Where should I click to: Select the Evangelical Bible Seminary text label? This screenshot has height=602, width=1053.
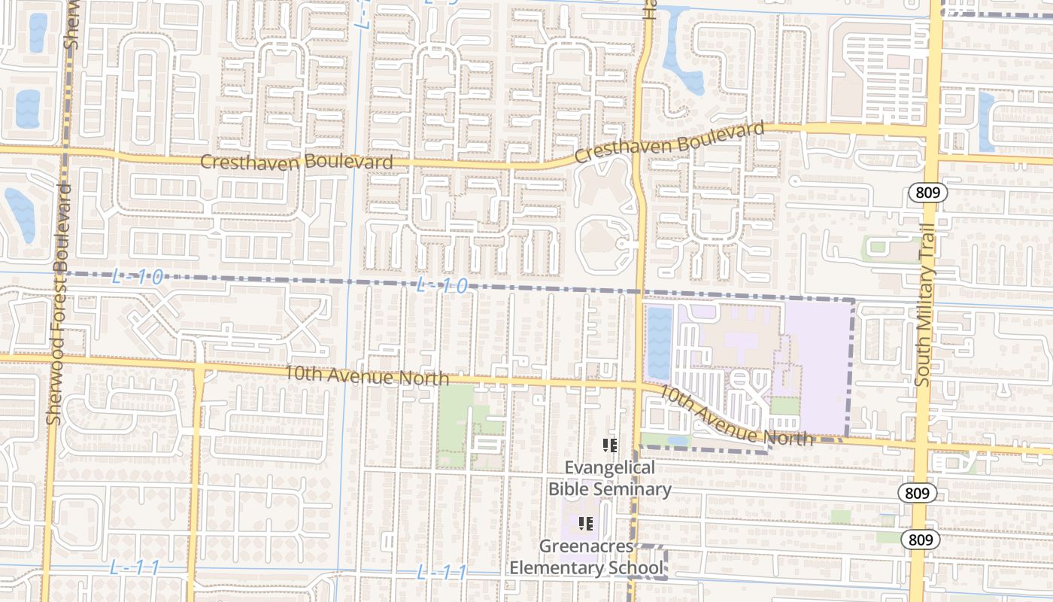[x=610, y=478]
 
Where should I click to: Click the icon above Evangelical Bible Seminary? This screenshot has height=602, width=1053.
[x=610, y=445]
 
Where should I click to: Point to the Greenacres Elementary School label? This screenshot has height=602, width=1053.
[x=587, y=556]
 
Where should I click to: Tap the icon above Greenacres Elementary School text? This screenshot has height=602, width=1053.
[x=587, y=524]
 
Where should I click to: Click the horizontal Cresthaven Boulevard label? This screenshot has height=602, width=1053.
[x=296, y=162]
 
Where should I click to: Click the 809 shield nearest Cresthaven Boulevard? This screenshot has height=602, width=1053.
[x=927, y=193]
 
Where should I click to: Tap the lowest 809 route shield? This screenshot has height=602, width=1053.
[x=917, y=540]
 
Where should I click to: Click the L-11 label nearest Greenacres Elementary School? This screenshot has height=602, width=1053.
[x=442, y=573]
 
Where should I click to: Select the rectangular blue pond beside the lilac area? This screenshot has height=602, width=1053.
[x=659, y=342]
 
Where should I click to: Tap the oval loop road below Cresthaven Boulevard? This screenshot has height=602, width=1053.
[x=605, y=241]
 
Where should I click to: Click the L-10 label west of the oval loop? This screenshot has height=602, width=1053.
[x=442, y=286]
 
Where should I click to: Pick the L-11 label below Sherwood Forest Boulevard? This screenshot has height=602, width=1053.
[x=135, y=567]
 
